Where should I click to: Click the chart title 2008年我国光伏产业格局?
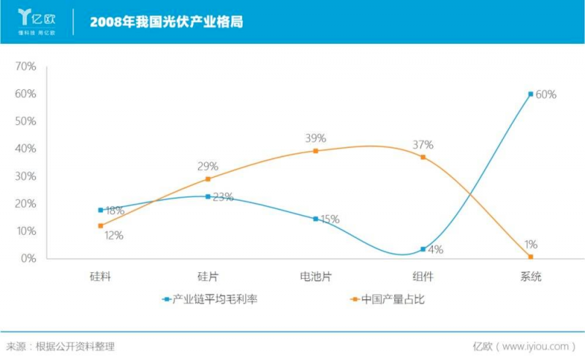(x=166, y=21)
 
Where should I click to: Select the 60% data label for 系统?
(x=546, y=94)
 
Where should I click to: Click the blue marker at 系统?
(x=530, y=94)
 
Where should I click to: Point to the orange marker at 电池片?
(x=315, y=151)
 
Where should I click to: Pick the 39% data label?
(x=316, y=138)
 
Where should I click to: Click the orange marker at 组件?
(x=423, y=157)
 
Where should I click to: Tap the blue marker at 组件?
(x=423, y=249)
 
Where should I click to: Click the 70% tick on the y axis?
(x=26, y=67)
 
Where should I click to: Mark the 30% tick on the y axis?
(x=26, y=176)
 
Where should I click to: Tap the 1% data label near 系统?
(x=531, y=244)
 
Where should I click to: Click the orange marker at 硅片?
(x=208, y=179)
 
